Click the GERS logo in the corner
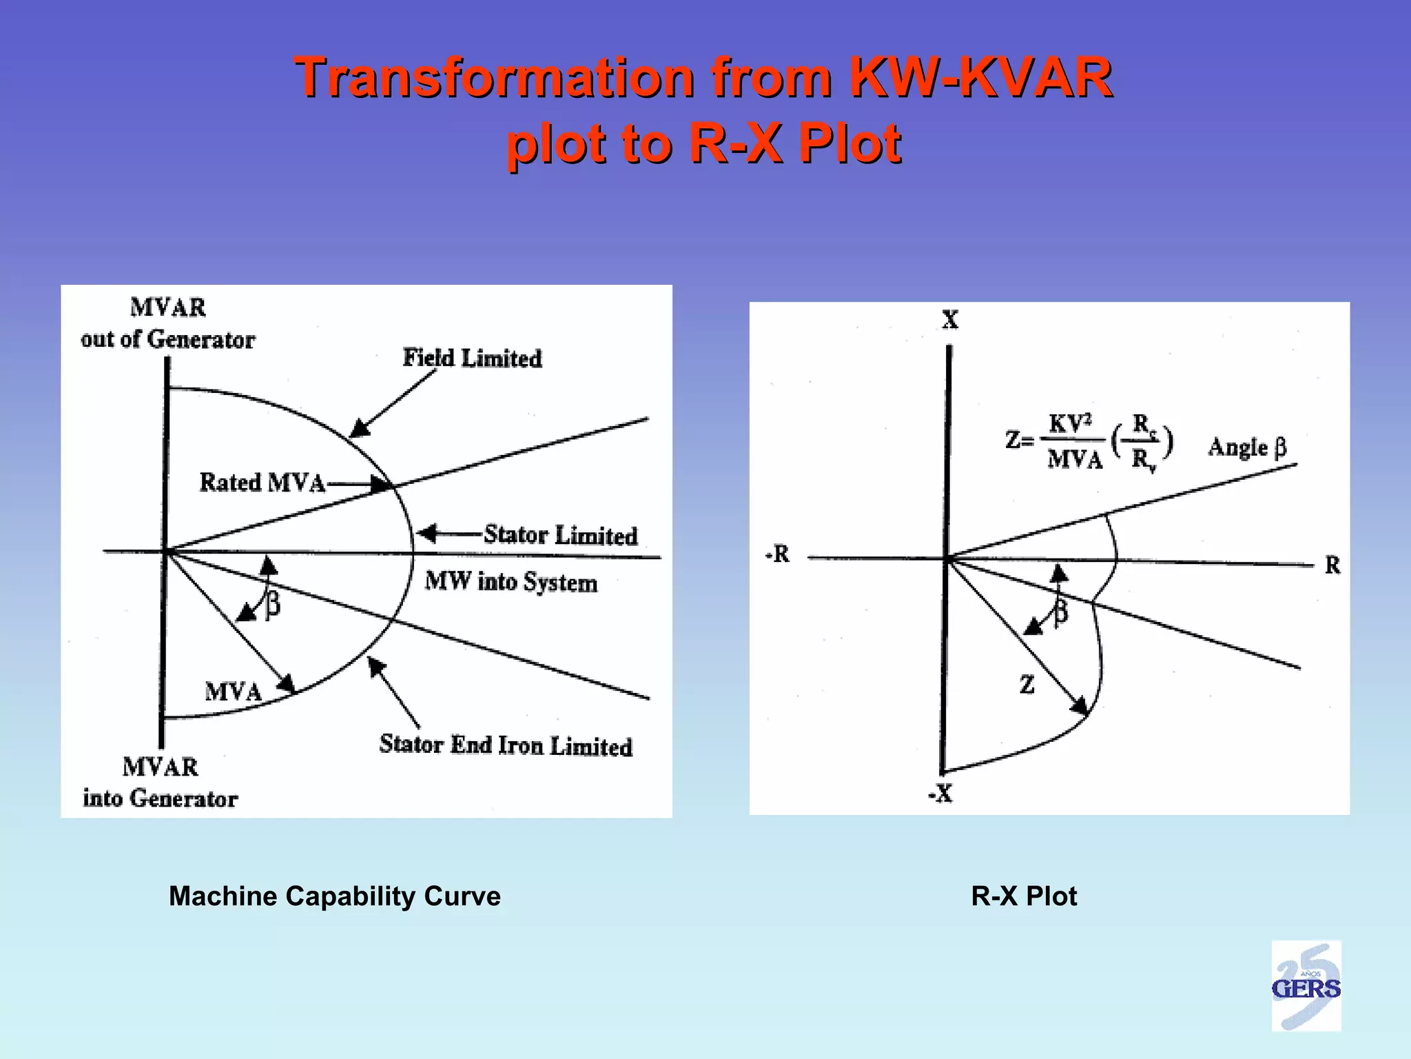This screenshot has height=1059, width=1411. tap(1306, 987)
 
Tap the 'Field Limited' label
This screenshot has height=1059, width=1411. tap(472, 359)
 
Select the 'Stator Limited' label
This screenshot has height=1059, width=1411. tap(559, 535)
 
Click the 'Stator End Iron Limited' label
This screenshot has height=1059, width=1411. tap(505, 745)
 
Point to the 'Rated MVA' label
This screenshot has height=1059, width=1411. tap(262, 483)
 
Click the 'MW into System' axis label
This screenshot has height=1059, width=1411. tap(511, 582)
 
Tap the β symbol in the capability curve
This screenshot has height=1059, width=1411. tap(273, 605)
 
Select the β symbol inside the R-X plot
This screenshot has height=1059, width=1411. tap(1061, 611)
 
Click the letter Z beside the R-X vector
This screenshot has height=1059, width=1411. tap(1027, 685)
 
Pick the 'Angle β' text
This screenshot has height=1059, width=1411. tap(1247, 447)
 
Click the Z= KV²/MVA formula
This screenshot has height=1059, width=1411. tap(1089, 441)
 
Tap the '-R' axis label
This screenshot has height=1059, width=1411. tap(778, 554)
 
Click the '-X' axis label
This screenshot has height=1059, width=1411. tap(940, 794)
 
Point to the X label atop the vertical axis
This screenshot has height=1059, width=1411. tap(950, 320)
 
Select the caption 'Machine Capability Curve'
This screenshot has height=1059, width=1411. tap(335, 896)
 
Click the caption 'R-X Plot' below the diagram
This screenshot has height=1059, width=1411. tap(1024, 896)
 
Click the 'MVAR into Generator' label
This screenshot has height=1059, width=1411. tap(160, 783)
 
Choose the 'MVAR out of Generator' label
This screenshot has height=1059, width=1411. tap(167, 323)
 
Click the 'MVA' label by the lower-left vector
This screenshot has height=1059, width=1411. tap(233, 692)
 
